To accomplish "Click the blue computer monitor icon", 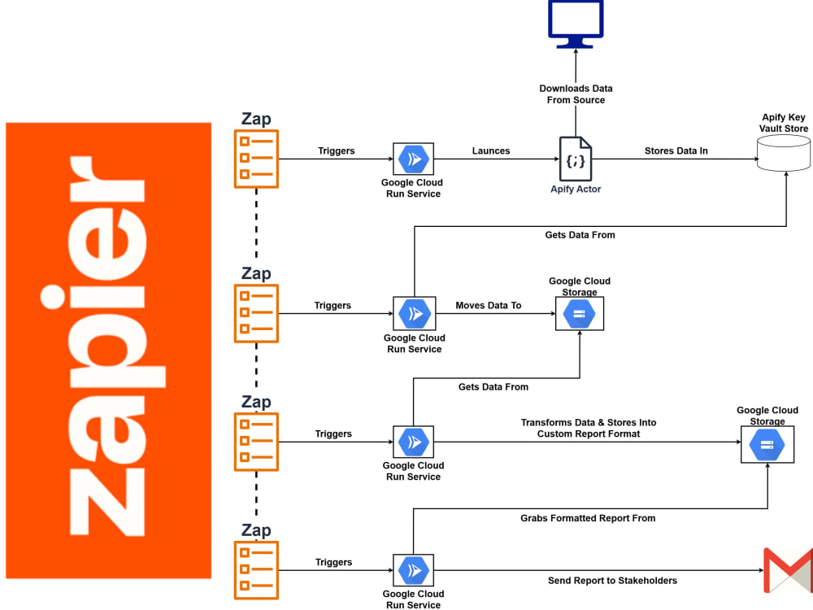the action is click(x=576, y=24).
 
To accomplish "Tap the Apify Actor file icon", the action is click(x=576, y=159).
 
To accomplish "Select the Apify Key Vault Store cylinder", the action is click(x=784, y=153).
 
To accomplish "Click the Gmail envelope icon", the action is click(x=788, y=570).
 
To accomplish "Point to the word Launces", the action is click(x=491, y=151).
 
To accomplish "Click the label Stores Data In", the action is click(x=676, y=151).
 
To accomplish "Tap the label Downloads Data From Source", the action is click(x=576, y=94).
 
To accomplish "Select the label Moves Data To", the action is click(x=489, y=306).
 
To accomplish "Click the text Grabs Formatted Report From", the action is click(x=588, y=518).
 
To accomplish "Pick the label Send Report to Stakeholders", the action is click(x=612, y=581).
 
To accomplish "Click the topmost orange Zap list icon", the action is click(x=256, y=159).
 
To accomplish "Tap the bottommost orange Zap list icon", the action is click(x=256, y=570).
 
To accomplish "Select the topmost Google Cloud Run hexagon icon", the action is click(x=413, y=159).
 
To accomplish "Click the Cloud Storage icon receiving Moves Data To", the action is click(x=579, y=314).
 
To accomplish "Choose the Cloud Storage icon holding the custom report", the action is click(x=767, y=445).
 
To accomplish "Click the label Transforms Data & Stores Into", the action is click(x=589, y=423).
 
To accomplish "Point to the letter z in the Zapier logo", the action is click(x=107, y=502).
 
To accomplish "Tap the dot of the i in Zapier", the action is click(x=53, y=297).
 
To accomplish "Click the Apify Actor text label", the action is click(x=576, y=190).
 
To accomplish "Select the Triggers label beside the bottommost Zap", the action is click(x=333, y=562).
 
